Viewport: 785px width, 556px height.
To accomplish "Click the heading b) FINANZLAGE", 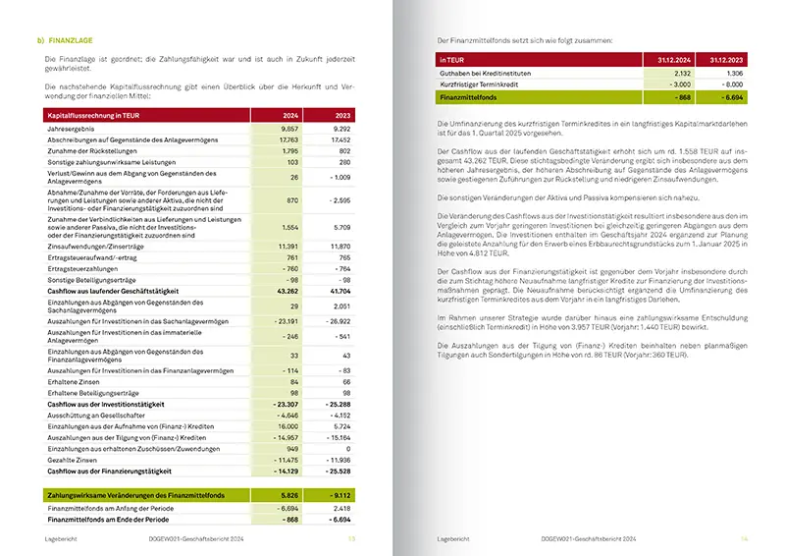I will [x=65, y=39].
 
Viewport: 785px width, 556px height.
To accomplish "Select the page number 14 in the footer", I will [x=744, y=538].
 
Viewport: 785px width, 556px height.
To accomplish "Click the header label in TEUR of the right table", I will [x=453, y=61].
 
